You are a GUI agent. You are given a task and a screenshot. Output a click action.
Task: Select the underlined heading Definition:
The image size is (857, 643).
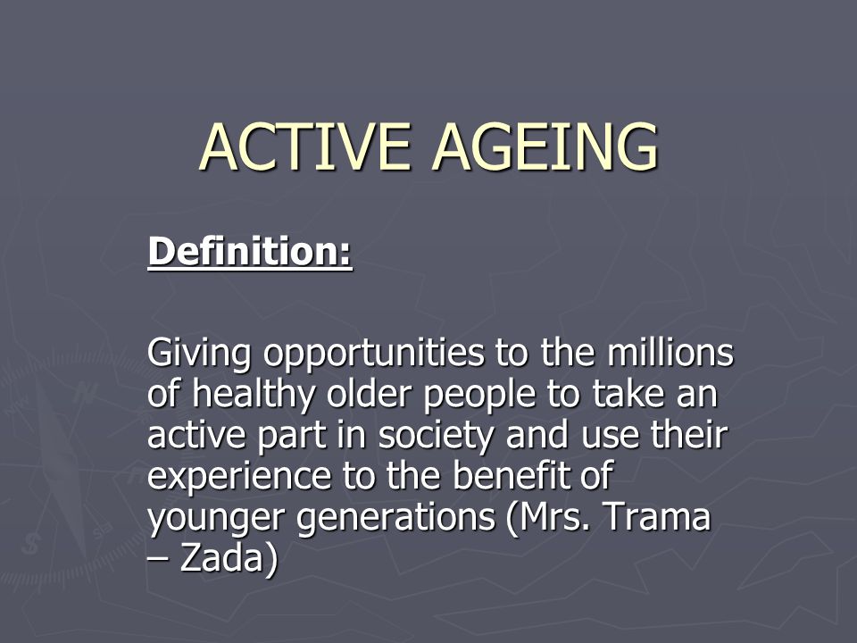[250, 252]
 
